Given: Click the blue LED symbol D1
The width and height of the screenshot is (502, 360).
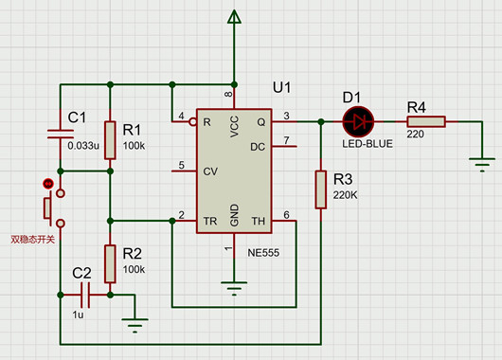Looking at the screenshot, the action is pos(358,121).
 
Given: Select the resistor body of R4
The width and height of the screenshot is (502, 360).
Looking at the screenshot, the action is pos(426,121).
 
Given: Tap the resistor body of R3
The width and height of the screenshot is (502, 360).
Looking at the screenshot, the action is pos(321,189).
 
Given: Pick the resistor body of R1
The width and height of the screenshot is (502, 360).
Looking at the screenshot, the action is pos(110,140).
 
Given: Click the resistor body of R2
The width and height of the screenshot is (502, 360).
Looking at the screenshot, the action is pos(110,264).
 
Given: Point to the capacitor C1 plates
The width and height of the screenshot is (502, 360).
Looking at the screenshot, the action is pos(61,135).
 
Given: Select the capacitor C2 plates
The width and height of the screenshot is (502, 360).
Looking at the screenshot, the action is pos(85,295).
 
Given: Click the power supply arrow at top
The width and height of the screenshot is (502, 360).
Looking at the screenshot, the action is pos(234,17).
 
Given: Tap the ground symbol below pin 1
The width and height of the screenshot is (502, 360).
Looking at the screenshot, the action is pos(234,288).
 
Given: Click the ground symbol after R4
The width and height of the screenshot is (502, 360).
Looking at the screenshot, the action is pos(482,165).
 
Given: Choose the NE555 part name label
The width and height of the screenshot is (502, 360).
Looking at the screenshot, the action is pos(263,253).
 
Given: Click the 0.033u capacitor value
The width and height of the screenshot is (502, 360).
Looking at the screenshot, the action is pos(83,146).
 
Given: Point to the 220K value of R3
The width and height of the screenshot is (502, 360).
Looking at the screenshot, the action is pos(345,195).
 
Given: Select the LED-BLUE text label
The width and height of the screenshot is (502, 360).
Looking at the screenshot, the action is pos(368,144).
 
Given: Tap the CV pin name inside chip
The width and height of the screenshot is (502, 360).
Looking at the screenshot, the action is pos(210,171).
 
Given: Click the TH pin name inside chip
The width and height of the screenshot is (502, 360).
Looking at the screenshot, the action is pos(259,221).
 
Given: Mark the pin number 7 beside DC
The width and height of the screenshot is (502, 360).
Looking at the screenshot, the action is pos(287,140).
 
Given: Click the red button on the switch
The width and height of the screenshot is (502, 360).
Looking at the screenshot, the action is pos(48,184).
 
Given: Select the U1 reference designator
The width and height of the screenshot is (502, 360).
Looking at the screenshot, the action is pos(281,87).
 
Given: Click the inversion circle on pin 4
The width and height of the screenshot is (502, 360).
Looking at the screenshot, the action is pos(192,121).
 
